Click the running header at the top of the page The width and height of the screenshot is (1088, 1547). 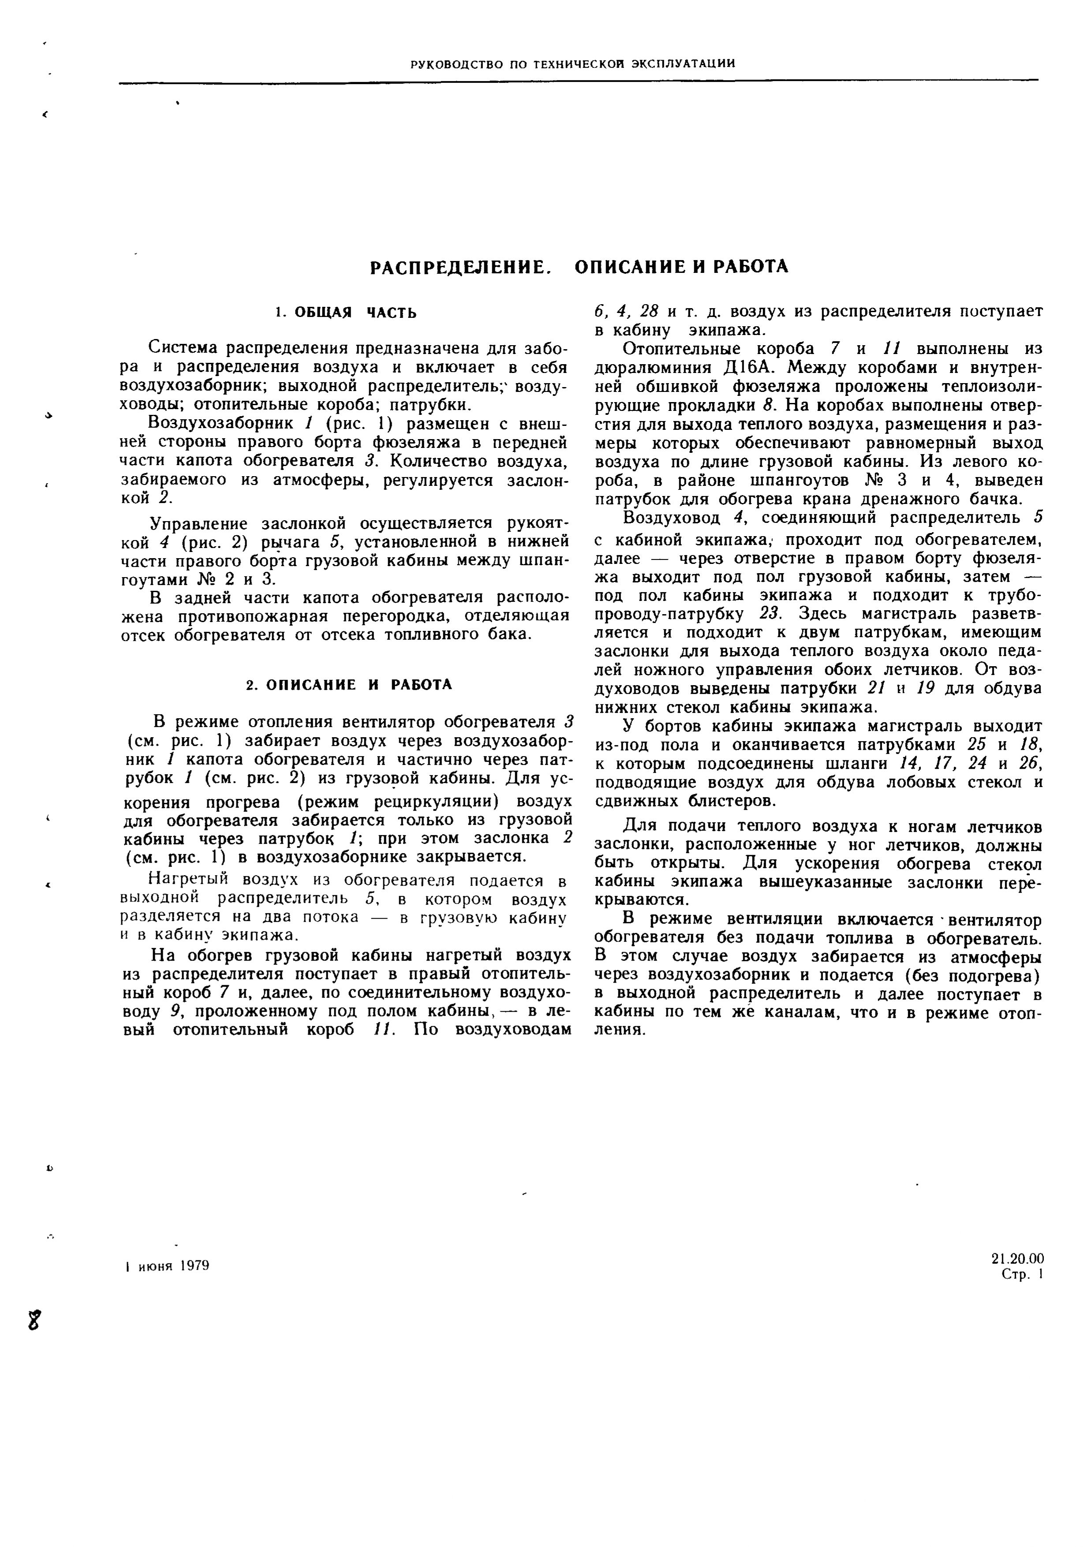tap(572, 64)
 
